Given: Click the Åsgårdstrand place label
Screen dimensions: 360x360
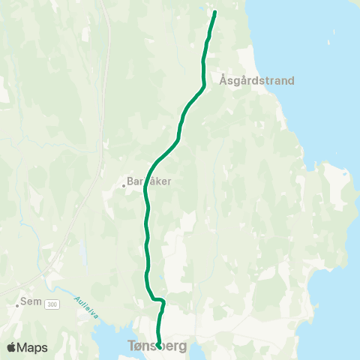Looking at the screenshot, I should [x=256, y=80].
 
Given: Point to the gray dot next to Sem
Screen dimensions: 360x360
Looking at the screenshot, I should [x=16, y=306].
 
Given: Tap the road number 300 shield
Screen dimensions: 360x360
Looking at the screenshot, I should [x=52, y=304].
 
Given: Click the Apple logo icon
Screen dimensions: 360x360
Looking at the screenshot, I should [x=11, y=347].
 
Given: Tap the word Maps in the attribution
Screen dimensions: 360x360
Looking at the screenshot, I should [x=32, y=347].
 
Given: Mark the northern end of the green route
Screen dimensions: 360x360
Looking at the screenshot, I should [x=215, y=12].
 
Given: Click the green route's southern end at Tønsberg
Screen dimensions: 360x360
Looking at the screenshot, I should [x=159, y=344].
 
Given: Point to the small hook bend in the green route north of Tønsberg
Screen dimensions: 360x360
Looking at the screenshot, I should [x=161, y=301].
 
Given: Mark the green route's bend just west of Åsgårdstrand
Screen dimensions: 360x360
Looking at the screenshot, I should [x=203, y=84].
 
